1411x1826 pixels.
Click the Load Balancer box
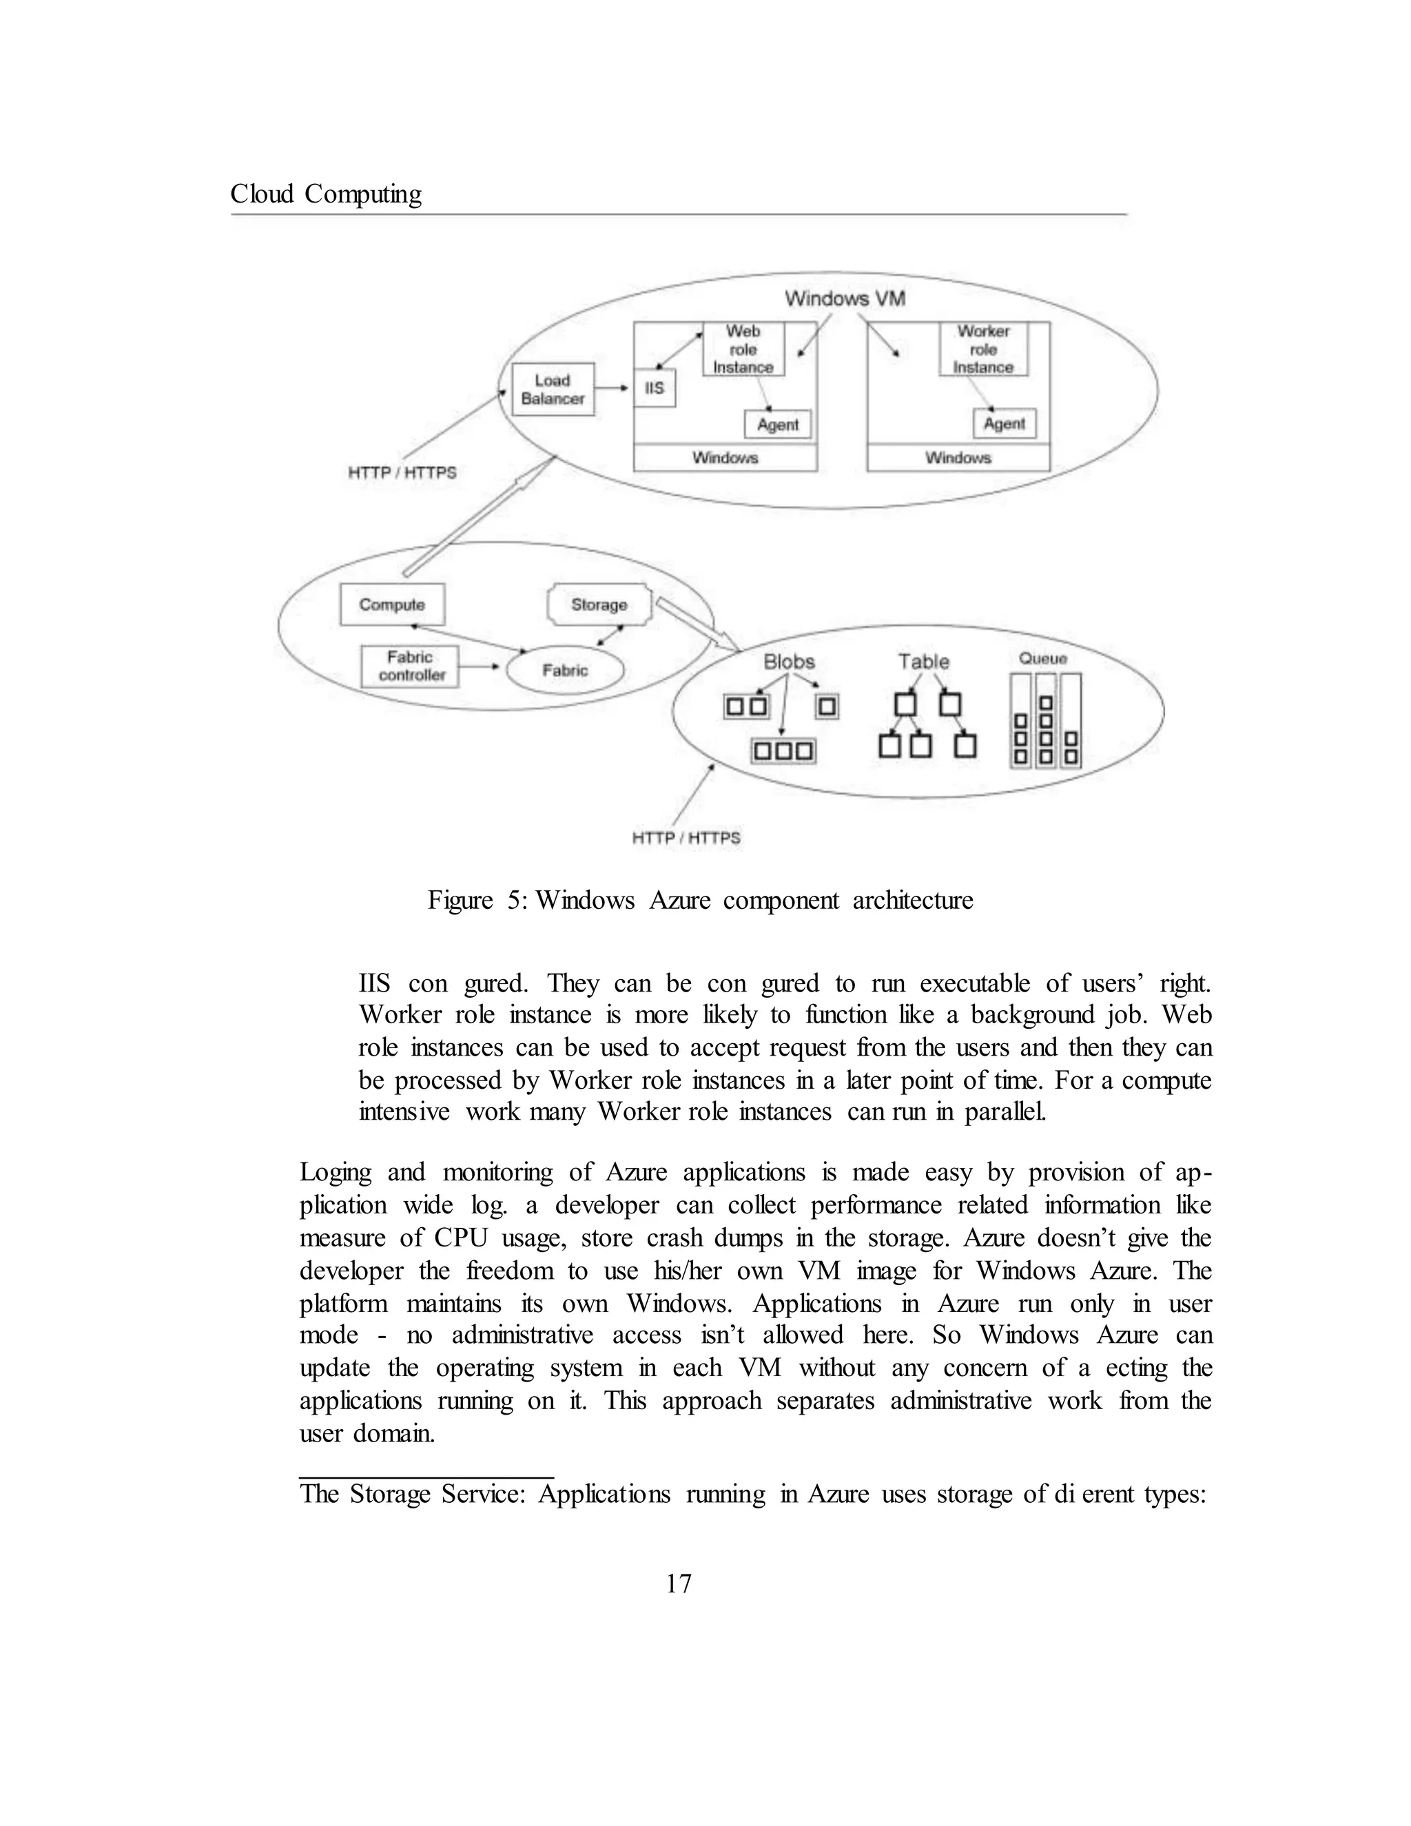click(553, 389)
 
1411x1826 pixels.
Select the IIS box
click(655, 388)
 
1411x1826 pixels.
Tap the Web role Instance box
click(743, 349)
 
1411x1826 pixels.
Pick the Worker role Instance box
click(983, 349)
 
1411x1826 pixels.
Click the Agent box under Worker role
click(1004, 424)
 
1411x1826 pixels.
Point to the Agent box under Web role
click(777, 424)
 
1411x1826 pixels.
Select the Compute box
click(392, 604)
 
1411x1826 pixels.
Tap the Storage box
click(599, 604)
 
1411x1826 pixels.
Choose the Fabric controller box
click(411, 666)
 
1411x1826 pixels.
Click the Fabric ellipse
click(565, 670)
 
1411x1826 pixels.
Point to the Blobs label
click(788, 661)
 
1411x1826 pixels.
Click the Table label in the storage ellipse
click(924, 661)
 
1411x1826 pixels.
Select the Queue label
click(1042, 659)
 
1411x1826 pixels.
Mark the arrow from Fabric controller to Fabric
click(479, 667)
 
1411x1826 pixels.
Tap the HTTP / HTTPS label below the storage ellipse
click(686, 838)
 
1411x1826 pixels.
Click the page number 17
click(679, 1583)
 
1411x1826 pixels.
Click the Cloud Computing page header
click(326, 194)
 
